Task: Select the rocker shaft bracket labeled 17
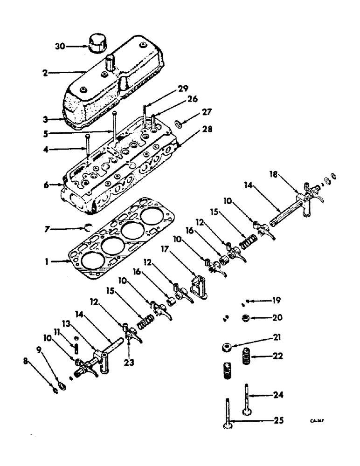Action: [199, 286]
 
